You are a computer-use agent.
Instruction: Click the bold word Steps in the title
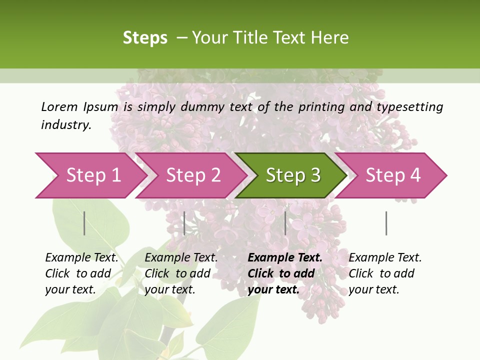tap(145, 38)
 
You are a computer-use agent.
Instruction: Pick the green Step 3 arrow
tap(293, 175)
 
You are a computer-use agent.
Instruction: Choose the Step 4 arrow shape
tap(393, 175)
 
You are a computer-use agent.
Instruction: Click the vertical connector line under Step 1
tap(84, 223)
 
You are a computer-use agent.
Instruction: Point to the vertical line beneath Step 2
tap(184, 223)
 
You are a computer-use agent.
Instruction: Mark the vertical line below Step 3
tap(285, 223)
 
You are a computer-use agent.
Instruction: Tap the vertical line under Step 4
tap(386, 223)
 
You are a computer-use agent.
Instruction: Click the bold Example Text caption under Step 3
tap(285, 273)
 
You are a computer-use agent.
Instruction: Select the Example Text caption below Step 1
tap(81, 273)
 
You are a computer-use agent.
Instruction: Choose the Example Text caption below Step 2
tap(181, 273)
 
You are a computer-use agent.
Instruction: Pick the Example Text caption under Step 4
tap(385, 273)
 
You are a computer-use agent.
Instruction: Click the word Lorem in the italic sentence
tap(59, 107)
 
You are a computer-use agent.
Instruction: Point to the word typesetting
tap(409, 107)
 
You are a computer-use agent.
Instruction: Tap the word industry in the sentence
tap(65, 125)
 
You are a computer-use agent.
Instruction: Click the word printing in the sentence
tap(321, 107)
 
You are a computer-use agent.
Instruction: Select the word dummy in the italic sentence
tap(202, 107)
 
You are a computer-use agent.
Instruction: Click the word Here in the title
tap(329, 38)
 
